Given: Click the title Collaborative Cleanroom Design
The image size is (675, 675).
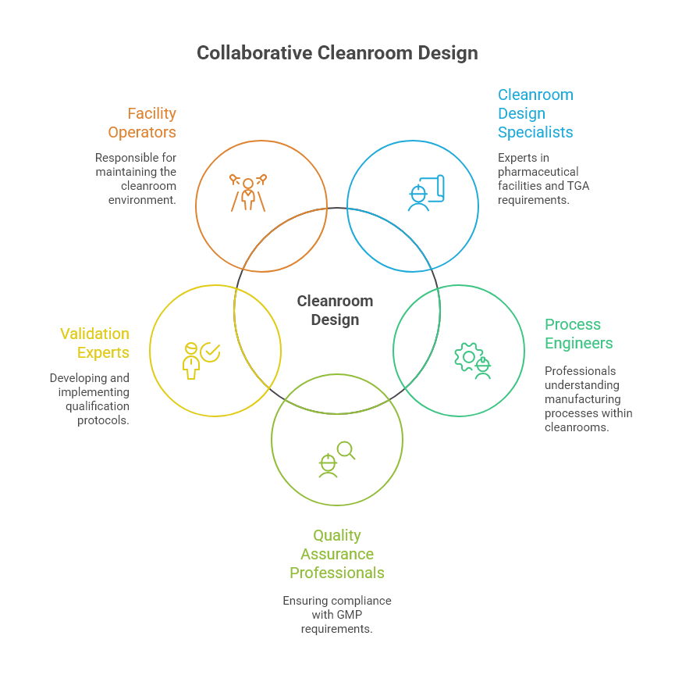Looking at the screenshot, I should [337, 53].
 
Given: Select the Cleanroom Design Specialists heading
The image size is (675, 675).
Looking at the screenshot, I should [535, 113].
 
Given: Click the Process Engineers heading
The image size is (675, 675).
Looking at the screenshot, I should [578, 334].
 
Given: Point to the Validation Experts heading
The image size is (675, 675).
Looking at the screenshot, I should [95, 343].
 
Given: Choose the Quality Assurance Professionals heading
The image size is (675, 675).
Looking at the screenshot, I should [337, 554].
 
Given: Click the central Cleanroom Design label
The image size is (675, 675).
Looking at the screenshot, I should [336, 310].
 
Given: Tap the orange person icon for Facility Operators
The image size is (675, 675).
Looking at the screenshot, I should [248, 191].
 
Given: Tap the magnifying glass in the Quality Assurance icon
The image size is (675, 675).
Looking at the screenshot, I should [346, 451].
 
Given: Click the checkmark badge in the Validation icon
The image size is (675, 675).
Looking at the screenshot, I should [210, 353].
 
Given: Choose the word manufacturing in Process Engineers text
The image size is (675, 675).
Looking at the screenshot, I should [582, 399].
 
